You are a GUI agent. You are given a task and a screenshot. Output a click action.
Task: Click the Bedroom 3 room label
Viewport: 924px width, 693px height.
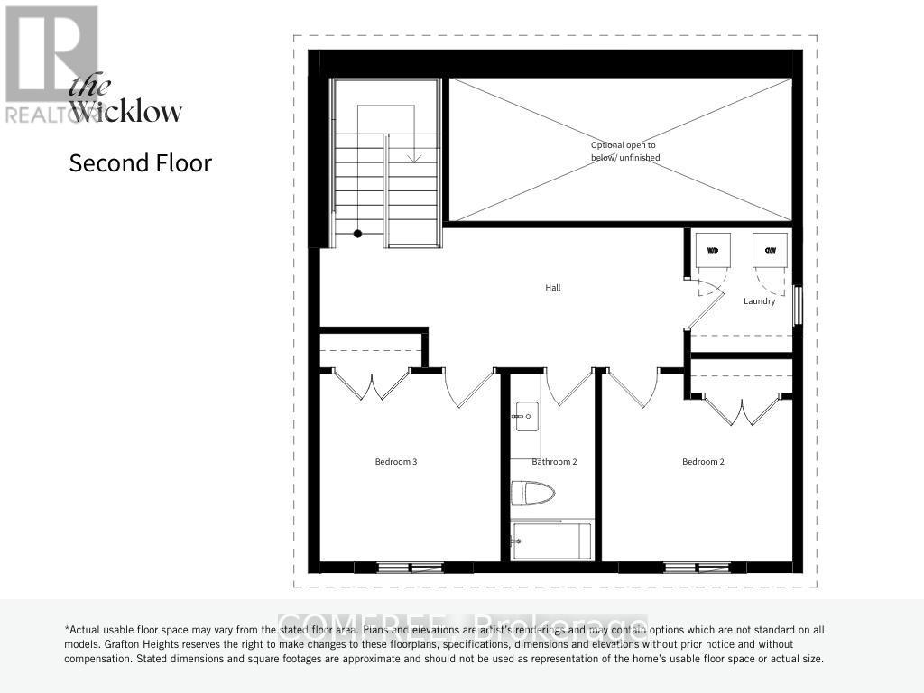[395, 462]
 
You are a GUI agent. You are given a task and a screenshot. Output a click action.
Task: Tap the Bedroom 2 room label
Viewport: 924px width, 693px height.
[703, 462]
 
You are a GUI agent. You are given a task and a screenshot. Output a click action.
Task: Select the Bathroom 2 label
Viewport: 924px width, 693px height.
[554, 462]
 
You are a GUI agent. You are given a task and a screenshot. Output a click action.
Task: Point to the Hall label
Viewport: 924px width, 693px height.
[552, 288]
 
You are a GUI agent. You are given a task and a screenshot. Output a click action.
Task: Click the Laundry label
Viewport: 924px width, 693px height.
[759, 301]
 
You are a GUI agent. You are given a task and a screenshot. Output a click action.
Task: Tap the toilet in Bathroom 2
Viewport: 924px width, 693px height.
[532, 494]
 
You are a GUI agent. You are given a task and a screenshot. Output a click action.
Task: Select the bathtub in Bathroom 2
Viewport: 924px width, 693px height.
[550, 541]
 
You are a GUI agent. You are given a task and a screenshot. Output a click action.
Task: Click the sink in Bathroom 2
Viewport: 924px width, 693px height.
[526, 417]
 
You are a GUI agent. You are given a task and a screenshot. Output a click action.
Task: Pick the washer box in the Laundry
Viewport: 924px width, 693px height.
[712, 250]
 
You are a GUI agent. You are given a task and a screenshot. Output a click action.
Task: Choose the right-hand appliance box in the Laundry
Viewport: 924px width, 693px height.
[770, 250]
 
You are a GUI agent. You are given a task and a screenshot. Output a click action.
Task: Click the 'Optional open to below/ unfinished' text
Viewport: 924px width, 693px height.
[624, 151]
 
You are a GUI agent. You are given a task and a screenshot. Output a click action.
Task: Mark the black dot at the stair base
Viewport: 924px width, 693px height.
[357, 234]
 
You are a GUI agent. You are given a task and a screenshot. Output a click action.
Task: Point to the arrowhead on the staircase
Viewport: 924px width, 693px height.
[414, 158]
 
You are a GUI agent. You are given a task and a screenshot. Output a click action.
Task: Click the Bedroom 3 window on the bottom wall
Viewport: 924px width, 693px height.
[398, 568]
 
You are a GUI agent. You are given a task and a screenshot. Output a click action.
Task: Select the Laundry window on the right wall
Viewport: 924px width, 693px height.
[797, 305]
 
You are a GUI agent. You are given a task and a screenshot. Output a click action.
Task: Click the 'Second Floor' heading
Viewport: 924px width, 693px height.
[140, 163]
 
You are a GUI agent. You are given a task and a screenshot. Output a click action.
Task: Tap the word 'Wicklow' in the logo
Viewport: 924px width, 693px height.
[126, 112]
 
